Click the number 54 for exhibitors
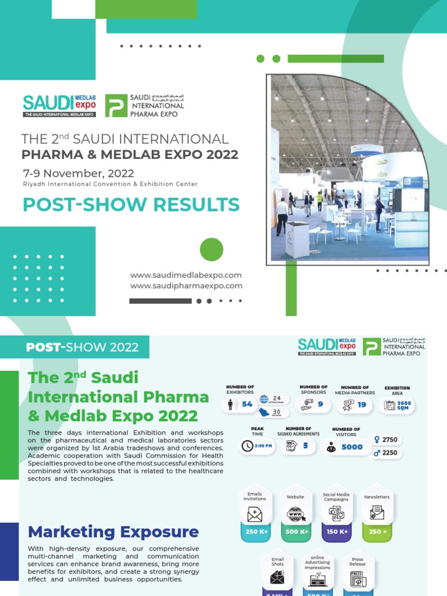click(x=247, y=405)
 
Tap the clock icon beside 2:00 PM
click(x=247, y=446)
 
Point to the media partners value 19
click(x=362, y=405)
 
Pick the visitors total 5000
click(x=352, y=447)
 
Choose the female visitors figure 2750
click(x=389, y=440)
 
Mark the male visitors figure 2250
click(x=389, y=453)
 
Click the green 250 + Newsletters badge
click(x=377, y=531)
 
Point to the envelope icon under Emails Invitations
click(x=255, y=515)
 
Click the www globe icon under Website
click(x=296, y=515)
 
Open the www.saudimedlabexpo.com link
click(x=186, y=275)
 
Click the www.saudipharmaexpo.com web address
click(x=186, y=286)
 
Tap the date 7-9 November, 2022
click(x=78, y=173)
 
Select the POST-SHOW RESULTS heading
click(x=131, y=205)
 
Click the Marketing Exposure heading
click(x=113, y=531)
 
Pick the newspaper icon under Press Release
click(x=357, y=579)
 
